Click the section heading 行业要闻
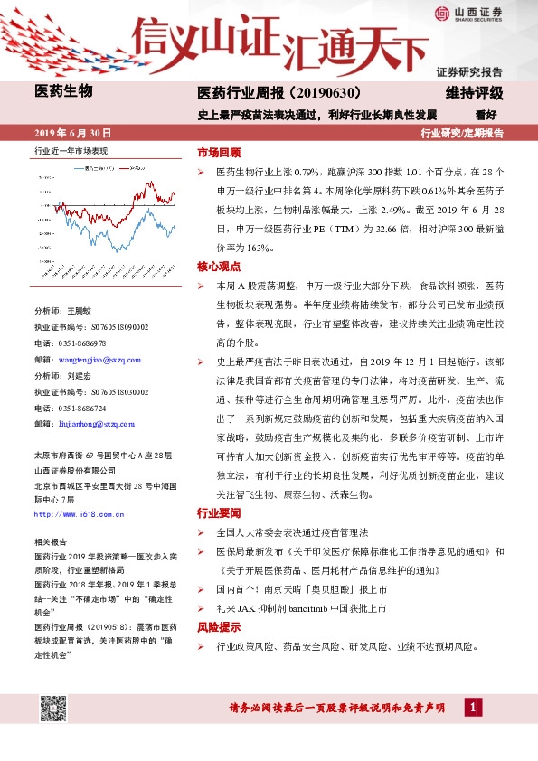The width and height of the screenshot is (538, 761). point(219,512)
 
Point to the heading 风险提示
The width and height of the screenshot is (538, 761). point(219,627)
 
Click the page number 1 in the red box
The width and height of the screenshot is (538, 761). point(471,707)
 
